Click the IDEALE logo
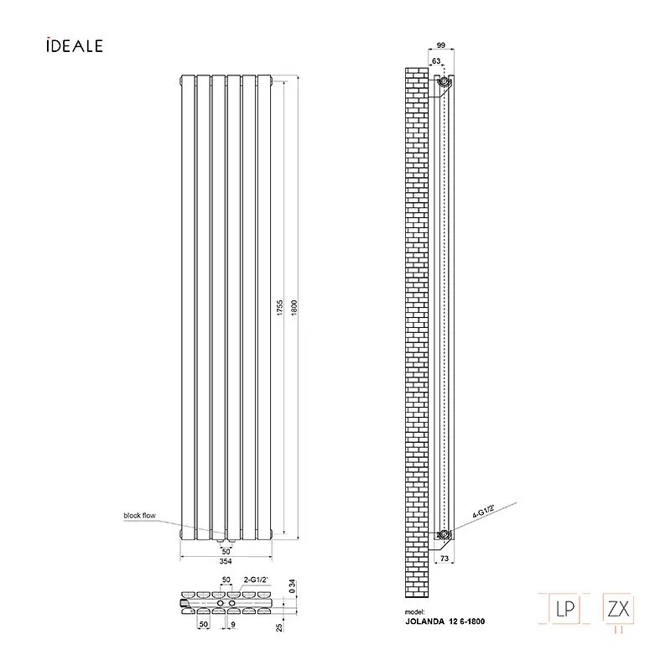click(75, 45)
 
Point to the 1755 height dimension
click(280, 308)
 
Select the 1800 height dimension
click(294, 308)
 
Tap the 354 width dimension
click(226, 561)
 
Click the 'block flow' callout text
click(139, 515)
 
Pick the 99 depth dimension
click(441, 45)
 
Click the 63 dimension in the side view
click(436, 60)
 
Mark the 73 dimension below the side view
click(445, 558)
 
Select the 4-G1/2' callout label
click(484, 511)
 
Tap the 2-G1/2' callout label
click(256, 580)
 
